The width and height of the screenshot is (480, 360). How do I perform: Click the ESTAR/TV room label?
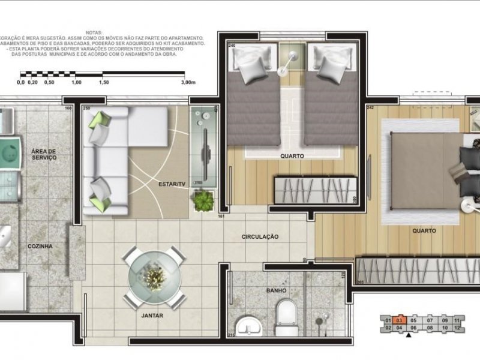(x=172, y=184)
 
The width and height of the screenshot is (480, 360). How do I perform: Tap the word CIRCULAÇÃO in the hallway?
(x=260, y=237)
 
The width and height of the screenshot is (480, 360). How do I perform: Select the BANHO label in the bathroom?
(x=277, y=290)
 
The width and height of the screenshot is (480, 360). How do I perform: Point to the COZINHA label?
(x=40, y=246)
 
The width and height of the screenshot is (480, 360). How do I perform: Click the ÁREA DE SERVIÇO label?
(x=43, y=154)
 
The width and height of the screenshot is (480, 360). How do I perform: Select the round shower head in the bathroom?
(x=324, y=322)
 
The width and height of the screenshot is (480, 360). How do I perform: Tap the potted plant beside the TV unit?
(x=202, y=200)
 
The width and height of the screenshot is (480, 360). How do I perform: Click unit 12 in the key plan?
(x=457, y=328)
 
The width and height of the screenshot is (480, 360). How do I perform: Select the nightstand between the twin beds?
(x=292, y=60)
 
